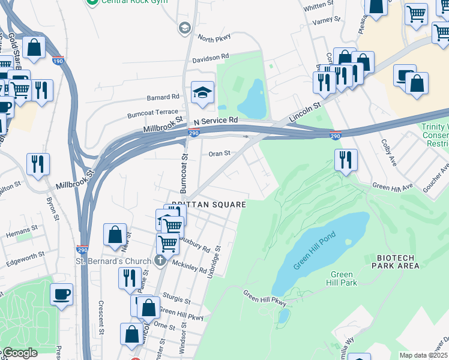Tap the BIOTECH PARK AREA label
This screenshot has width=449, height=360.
click(x=400, y=262)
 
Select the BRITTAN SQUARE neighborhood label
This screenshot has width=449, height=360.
click(x=209, y=205)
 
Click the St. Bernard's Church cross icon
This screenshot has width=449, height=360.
click(x=158, y=260)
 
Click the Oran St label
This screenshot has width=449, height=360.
click(x=219, y=154)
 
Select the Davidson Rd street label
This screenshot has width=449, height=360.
click(x=211, y=58)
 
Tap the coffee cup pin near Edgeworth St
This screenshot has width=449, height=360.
click(x=62, y=295)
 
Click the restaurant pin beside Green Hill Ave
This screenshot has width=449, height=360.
click(x=346, y=160)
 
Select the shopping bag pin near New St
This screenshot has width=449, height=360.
click(x=115, y=235)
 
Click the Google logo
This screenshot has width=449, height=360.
click(x=20, y=353)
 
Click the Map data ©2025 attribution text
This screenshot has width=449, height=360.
click(x=423, y=355)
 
